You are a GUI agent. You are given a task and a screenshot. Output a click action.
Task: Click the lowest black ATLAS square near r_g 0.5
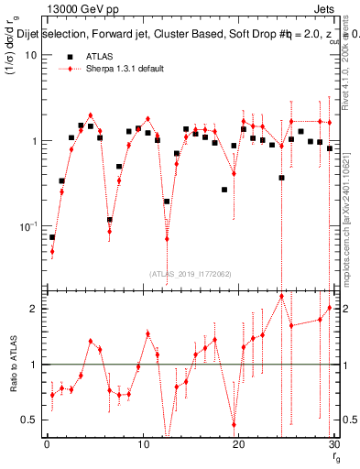pyautogui.click(x=52, y=237)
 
